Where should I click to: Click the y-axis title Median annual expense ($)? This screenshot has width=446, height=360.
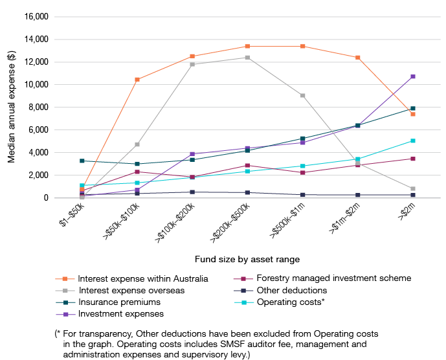pos(12,107)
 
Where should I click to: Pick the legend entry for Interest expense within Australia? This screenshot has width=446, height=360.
pos(142,278)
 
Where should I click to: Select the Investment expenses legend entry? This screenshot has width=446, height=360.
pos(120,313)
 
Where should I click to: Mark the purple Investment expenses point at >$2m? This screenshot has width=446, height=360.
pos(412,76)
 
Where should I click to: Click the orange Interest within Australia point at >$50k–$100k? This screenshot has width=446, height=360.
pos(137,80)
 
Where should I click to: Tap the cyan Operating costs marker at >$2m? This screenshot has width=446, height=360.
pos(412,141)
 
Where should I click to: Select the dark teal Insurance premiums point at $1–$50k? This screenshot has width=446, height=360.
pos(82,161)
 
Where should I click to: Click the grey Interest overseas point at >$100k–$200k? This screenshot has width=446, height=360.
pos(192,64)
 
